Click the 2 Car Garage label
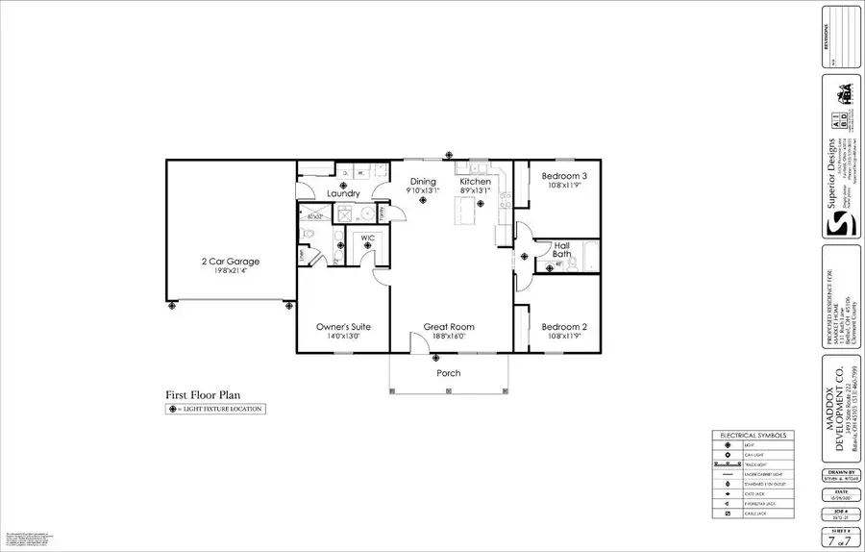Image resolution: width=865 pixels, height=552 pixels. [230, 261]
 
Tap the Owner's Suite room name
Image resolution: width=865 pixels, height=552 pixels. [343, 327]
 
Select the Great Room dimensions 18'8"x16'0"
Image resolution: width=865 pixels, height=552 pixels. [448, 337]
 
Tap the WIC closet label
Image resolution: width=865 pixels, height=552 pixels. [367, 237]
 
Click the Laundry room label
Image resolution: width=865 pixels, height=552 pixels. [343, 194]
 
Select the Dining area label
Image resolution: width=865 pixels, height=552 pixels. [423, 182]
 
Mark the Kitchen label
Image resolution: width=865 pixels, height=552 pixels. [475, 182]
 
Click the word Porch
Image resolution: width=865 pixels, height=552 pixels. [448, 373]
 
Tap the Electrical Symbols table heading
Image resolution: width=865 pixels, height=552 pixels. [754, 436]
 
